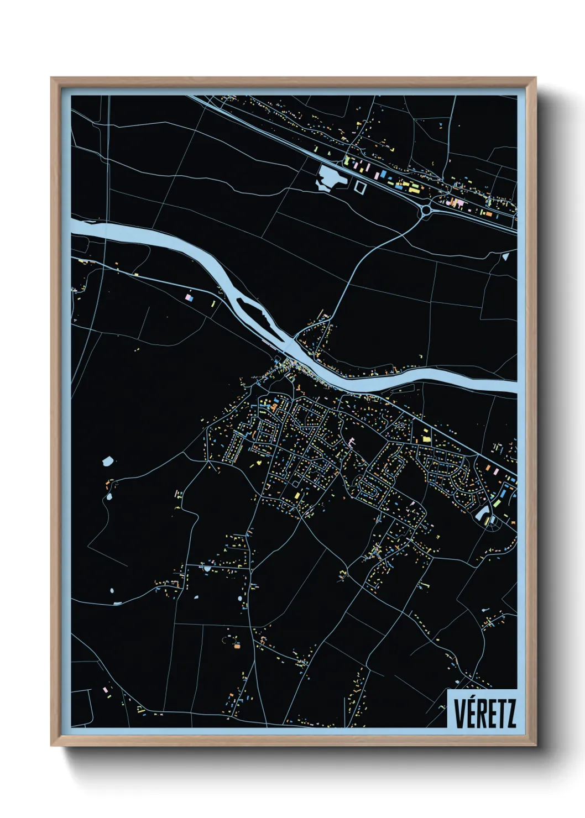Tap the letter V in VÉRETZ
coord(459,714)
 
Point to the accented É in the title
coord(471,713)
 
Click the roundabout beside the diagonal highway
coord(426,209)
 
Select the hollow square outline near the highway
coord(361,187)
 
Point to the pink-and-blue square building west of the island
coord(190,297)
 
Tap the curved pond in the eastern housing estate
coord(482,515)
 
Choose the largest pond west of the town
coord(108,460)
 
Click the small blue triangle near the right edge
coord(505,256)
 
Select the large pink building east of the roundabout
coord(458,203)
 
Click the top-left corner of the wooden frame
coord(51,78)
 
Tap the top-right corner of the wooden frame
coord(535,78)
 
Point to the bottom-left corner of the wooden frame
coord(51,746)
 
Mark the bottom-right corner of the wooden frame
coord(535,746)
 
